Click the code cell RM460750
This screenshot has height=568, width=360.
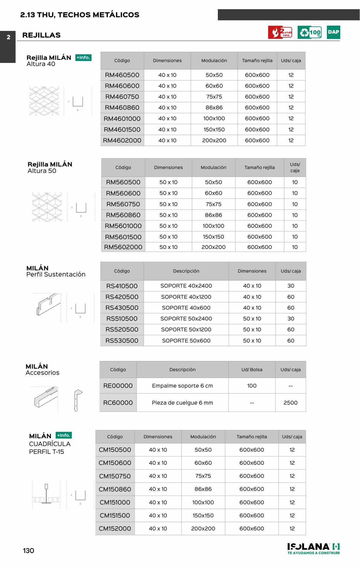(122, 97)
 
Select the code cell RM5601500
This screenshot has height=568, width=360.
(123, 237)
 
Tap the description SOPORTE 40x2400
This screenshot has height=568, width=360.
(186, 286)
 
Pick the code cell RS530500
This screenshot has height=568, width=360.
(122, 341)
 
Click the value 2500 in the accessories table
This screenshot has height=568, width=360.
(290, 403)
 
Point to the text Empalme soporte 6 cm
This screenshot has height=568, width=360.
(182, 386)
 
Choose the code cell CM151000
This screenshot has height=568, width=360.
(115, 502)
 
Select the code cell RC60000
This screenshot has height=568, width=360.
(118, 403)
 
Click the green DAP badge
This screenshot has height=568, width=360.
(333, 32)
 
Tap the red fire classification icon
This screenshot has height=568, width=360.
(280, 32)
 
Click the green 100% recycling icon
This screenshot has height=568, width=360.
(309, 32)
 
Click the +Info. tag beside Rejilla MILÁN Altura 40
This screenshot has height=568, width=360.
(83, 58)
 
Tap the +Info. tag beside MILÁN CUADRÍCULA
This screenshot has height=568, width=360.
(64, 435)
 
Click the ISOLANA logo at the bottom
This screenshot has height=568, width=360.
(314, 549)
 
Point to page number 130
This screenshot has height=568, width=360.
(28, 550)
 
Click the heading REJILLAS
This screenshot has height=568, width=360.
(41, 35)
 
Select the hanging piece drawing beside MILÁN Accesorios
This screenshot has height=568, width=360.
(78, 400)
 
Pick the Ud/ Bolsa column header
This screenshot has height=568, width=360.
(252, 369)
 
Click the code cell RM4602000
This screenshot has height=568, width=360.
(122, 140)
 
